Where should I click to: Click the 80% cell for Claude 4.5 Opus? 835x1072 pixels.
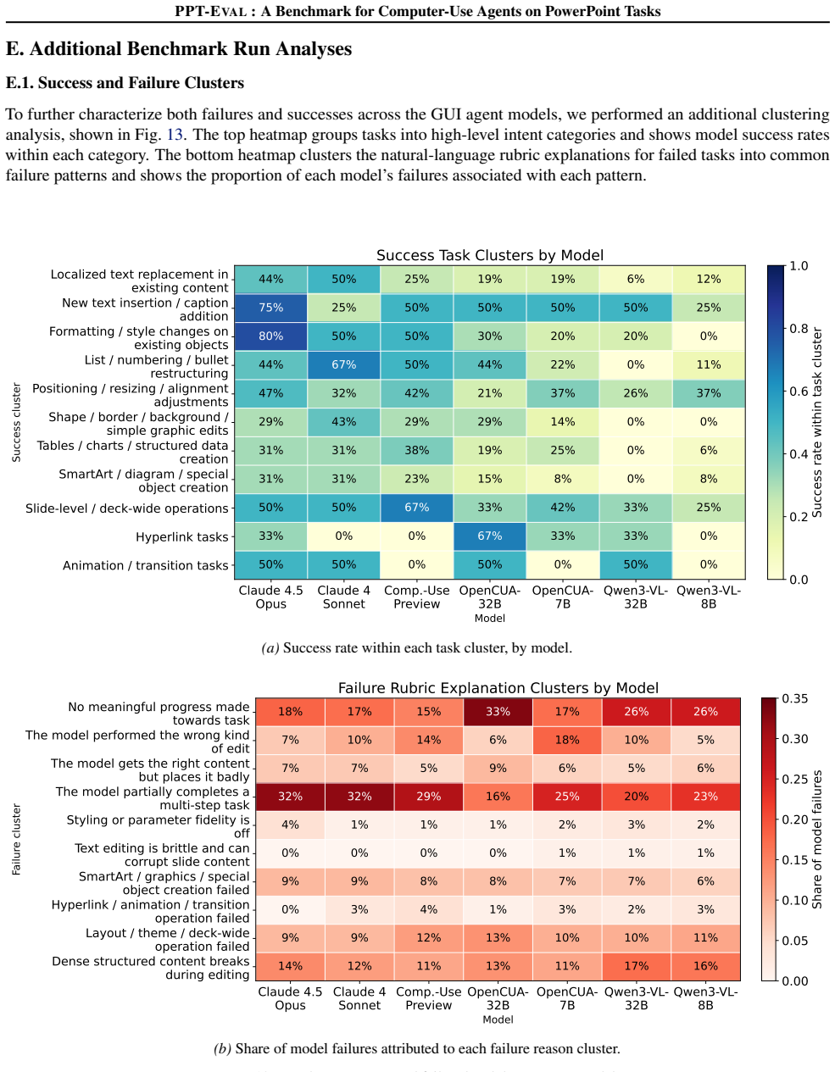270,336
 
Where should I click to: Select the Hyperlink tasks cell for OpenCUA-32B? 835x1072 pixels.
489,536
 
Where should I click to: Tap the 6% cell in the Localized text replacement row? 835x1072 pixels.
636,279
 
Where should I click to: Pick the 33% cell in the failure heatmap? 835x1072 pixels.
498,711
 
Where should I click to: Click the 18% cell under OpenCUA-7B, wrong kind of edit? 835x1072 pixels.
567,740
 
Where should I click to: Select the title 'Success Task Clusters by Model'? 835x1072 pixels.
489,255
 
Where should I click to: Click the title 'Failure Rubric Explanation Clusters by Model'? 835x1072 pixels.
498,688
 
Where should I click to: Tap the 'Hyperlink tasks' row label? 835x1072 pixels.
181,536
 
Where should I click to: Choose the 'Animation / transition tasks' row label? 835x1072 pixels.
146,565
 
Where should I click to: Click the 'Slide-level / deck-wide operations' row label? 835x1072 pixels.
127,508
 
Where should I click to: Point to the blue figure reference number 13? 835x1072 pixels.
175,135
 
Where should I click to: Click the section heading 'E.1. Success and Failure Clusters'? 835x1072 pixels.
125,83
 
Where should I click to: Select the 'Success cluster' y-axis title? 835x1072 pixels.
16,422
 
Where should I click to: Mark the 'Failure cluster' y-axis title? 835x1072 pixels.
16,840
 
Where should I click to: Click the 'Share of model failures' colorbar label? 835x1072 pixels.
816,840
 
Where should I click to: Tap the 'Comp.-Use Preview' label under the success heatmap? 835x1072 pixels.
416,597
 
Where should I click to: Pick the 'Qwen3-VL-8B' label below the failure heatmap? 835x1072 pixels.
705,998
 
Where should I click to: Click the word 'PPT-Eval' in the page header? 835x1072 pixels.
211,11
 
